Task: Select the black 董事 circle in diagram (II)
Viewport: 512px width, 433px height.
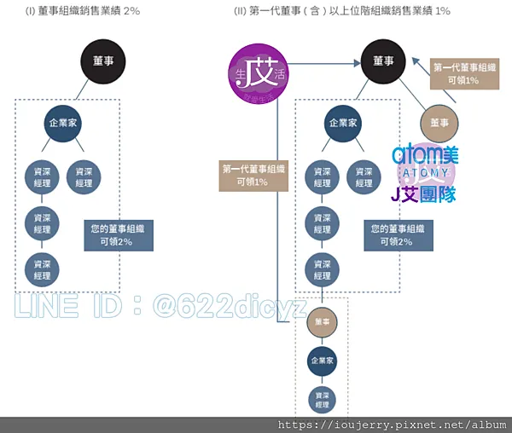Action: point(383,61)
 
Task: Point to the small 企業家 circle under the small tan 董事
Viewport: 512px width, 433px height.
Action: point(322,361)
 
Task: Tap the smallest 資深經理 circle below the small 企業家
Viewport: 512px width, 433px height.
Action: point(322,400)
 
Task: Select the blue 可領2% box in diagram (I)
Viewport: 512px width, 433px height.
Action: point(119,235)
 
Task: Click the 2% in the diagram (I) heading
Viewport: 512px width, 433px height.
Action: point(131,12)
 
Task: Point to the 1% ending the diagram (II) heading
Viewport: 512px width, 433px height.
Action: point(441,12)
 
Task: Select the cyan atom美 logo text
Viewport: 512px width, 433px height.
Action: point(425,154)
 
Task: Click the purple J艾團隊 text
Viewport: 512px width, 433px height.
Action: point(422,194)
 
